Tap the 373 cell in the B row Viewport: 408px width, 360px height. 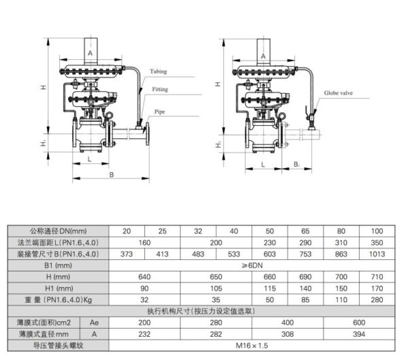[x=126, y=254]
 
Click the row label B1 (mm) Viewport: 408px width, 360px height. [x=54, y=265]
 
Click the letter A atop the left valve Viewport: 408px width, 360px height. [x=90, y=52]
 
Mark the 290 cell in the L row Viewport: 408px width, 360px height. [x=305, y=243]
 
